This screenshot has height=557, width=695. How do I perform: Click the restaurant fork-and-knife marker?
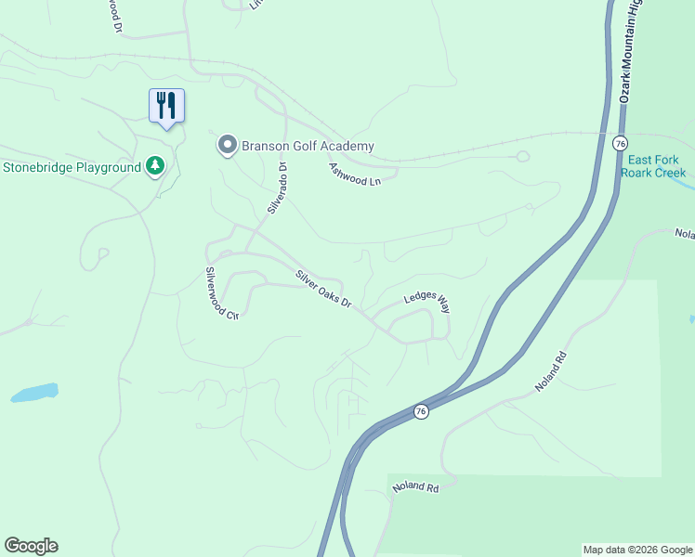click(x=166, y=105)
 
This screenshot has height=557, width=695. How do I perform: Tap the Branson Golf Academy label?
click(x=308, y=146)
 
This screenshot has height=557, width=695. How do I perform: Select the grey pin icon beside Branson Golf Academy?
click(x=226, y=145)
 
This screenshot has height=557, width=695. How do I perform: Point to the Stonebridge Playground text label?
click(x=72, y=168)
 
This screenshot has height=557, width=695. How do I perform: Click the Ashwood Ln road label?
click(x=355, y=174)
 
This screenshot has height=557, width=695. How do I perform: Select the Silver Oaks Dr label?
click(x=324, y=289)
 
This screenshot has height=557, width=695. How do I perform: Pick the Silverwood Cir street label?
click(x=222, y=294)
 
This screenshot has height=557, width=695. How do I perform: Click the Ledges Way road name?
click(x=426, y=303)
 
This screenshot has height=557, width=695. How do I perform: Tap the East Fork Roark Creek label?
click(x=656, y=166)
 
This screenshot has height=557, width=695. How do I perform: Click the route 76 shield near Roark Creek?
click(x=621, y=143)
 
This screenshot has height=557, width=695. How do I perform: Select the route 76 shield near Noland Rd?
click(x=421, y=412)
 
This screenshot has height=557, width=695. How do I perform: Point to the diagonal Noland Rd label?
click(x=550, y=371)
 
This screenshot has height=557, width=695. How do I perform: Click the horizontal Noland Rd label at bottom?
click(x=414, y=486)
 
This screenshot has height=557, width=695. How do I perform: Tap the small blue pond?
click(x=34, y=393)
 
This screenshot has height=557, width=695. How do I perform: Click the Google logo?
click(x=31, y=546)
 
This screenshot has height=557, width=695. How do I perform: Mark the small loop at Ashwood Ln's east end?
click(x=522, y=156)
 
